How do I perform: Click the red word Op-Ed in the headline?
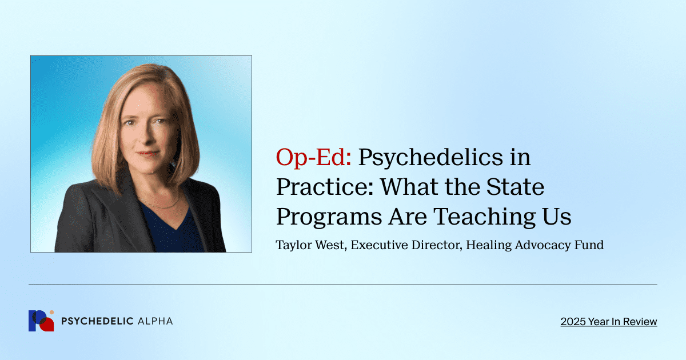(313, 157)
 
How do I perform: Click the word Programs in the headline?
(324, 217)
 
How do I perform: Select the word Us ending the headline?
(557, 217)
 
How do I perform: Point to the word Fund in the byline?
(591, 245)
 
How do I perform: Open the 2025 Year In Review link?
(609, 322)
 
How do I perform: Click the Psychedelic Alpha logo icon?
(41, 321)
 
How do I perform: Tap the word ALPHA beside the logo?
(155, 321)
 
